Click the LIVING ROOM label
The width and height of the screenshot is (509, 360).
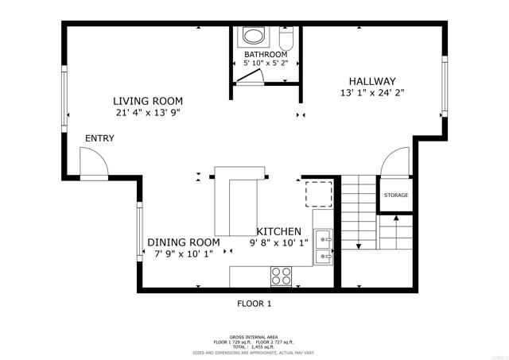(x=147, y=101)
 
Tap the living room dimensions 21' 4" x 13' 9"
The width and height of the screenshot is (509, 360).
(x=148, y=113)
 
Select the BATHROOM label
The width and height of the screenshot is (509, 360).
(x=265, y=55)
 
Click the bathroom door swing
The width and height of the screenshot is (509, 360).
(x=250, y=75)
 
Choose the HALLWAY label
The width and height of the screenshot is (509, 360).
(x=372, y=81)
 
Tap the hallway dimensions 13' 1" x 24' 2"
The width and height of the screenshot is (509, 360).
(x=372, y=93)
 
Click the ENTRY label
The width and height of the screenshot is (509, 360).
(x=100, y=138)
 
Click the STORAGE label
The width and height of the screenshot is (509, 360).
(x=396, y=195)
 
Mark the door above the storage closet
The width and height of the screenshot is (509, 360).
(x=394, y=164)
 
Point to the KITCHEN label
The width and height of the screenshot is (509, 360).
(x=278, y=230)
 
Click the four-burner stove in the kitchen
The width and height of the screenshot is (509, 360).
(x=282, y=276)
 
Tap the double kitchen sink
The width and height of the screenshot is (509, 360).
(x=323, y=247)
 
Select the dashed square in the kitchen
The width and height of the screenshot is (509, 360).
(x=320, y=193)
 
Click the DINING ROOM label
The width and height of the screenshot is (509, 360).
(x=183, y=242)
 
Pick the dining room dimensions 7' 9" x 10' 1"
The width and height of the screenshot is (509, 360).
(x=183, y=254)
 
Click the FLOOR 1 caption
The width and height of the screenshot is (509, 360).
(x=254, y=304)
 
